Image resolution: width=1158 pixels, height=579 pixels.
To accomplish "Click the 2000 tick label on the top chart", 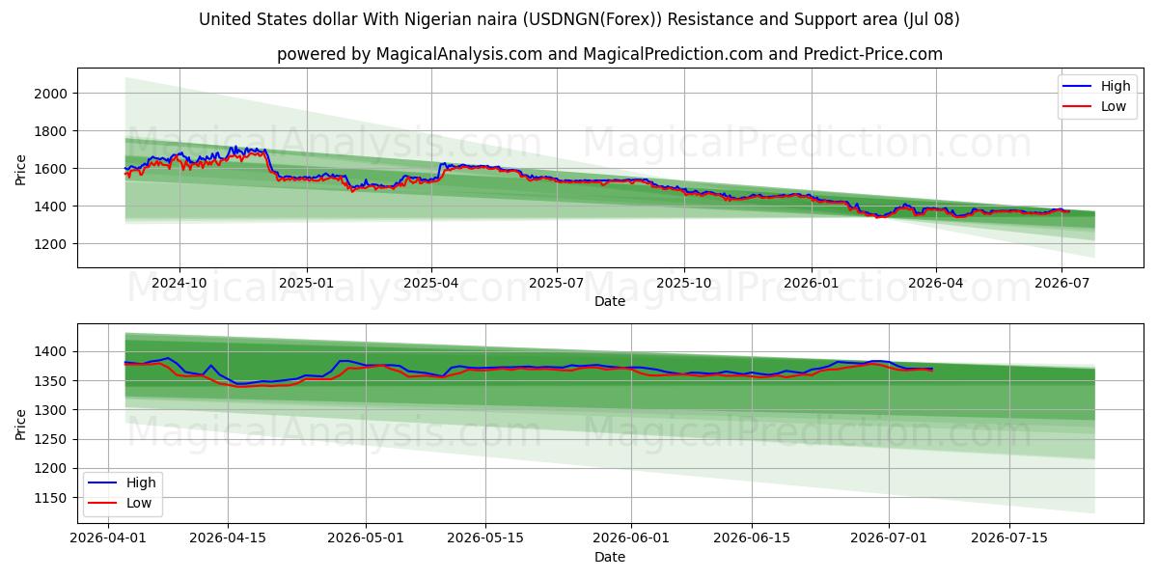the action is coord(50,94).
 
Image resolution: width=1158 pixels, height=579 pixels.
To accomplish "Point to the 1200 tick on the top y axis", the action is coord(50,244).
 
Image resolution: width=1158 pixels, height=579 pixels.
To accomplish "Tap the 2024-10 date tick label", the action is coord(179,284).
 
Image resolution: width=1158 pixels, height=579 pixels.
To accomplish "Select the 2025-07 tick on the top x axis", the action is coord(557,284).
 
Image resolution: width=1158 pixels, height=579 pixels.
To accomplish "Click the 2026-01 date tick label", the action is coord(812,284).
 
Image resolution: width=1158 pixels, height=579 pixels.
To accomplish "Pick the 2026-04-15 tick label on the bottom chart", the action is coord(228,538).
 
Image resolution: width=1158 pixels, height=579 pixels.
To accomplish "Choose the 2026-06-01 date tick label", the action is coord(631,538).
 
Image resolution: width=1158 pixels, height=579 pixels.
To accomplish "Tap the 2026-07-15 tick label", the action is coord(1009,538).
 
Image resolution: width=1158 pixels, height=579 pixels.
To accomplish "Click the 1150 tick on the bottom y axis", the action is coord(50,498).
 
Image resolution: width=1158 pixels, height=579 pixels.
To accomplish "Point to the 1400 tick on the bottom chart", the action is coord(50,352).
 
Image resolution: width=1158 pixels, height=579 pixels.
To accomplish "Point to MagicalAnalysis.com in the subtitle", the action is coord(459,54).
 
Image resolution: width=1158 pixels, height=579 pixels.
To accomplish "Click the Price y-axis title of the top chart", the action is coord(20,170).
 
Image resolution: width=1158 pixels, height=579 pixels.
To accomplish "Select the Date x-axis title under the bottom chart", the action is coord(610,557).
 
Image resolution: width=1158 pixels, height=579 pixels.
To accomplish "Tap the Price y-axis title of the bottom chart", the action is coord(20,425).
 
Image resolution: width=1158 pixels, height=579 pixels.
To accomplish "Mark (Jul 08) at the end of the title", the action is coord(931,19).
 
